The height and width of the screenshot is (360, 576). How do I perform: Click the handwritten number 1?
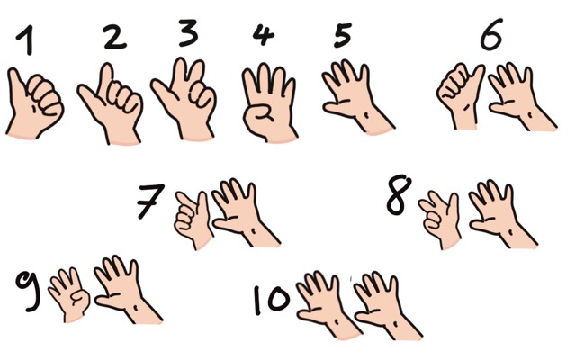click(x=27, y=40)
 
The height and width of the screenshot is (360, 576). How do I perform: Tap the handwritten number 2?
click(x=114, y=37)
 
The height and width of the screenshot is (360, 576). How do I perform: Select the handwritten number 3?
click(x=188, y=33)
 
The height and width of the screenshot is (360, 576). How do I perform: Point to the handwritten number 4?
click(x=263, y=34)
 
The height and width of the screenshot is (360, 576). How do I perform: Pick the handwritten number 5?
click(x=343, y=36)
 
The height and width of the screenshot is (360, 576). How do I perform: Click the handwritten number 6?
click(x=491, y=34)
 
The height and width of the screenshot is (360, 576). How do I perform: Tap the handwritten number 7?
click(x=150, y=202)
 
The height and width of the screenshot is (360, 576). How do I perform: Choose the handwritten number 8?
click(x=398, y=194)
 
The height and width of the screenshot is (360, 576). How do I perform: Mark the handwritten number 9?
click(x=27, y=290)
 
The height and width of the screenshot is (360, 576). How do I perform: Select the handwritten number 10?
click(x=272, y=299)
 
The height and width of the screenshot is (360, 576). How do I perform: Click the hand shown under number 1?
click(x=34, y=103)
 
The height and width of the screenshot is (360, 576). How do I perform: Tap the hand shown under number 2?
click(x=111, y=104)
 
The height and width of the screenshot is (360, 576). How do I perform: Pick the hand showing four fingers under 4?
click(x=269, y=103)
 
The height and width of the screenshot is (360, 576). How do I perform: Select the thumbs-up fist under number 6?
click(x=462, y=96)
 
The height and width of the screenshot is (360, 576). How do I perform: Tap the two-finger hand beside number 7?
click(x=193, y=220)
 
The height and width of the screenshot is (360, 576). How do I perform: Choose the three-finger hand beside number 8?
click(x=440, y=220)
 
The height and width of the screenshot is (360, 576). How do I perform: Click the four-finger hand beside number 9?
click(x=70, y=294)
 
